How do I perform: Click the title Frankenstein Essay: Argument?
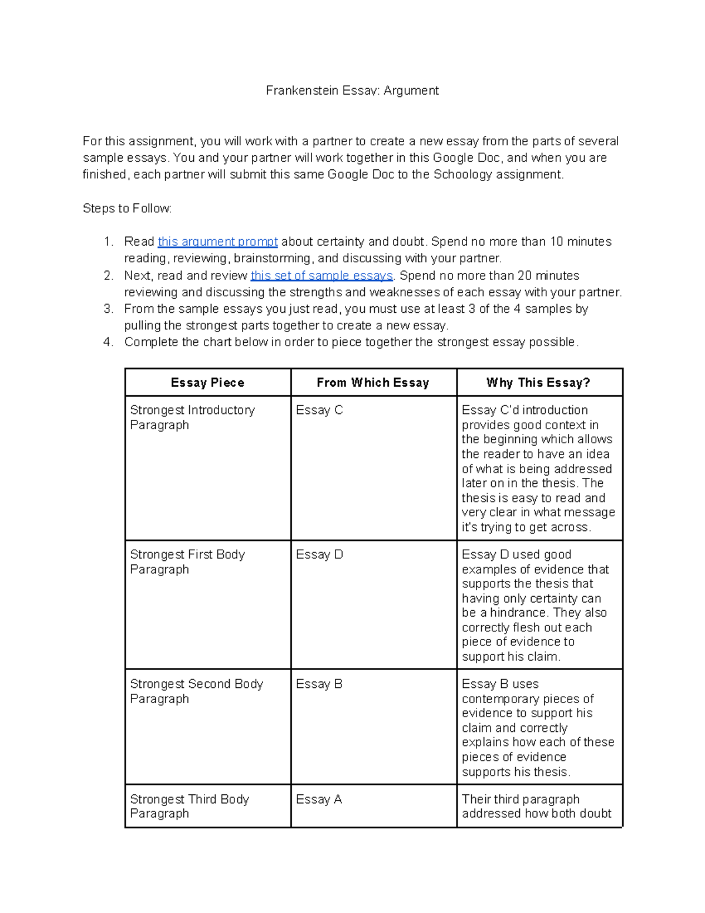tap(352, 91)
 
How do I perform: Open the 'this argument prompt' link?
tap(217, 242)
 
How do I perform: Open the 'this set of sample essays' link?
tap(321, 275)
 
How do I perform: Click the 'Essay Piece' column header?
tap(207, 383)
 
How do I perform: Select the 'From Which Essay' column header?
tap(373, 383)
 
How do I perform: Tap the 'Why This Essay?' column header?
tap(538, 383)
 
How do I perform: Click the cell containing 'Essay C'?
tap(319, 410)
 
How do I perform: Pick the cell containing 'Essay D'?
tap(319, 554)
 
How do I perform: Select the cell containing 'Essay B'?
tap(319, 684)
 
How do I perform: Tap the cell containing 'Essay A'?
tap(319, 799)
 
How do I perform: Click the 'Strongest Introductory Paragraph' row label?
tap(192, 417)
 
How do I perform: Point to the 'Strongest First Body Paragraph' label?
tap(187, 561)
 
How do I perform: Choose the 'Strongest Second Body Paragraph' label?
tap(196, 691)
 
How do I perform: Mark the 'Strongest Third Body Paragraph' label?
tap(189, 806)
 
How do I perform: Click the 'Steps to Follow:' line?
tap(127, 209)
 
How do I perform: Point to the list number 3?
tap(108, 309)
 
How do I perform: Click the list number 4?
tap(108, 342)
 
